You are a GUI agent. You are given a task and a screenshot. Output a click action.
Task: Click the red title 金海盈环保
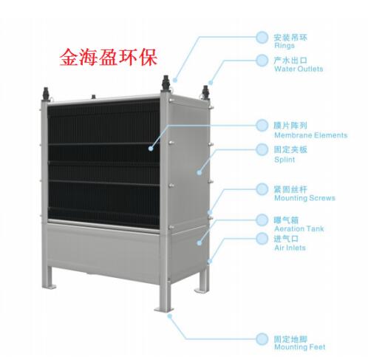pos(108,58)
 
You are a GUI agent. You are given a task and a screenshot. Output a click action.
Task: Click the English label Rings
pos(284,46)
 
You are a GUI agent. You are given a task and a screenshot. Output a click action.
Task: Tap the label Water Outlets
pos(299,69)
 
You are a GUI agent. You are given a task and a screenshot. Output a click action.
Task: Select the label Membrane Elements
pos(311,135)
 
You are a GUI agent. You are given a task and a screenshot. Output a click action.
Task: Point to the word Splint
pos(284,160)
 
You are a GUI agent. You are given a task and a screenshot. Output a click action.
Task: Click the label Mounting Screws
pos(304,198)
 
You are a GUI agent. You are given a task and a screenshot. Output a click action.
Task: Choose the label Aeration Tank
pos(299,229)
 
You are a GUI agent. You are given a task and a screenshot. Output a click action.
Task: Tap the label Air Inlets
pos(290,248)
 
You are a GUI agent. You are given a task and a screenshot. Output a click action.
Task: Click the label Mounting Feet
pos(300,347)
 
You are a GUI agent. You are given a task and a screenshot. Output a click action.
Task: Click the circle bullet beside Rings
pos(262,38)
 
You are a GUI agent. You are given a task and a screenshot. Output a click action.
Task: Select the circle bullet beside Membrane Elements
pos(262,126)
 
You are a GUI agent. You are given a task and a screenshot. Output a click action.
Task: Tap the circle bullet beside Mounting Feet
pos(262,339)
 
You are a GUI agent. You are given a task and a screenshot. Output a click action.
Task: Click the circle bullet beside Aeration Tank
pos(262,220)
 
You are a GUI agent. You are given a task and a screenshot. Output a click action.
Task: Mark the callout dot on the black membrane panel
pos(151,149)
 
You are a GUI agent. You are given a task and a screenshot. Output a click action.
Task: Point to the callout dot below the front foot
pos(169,316)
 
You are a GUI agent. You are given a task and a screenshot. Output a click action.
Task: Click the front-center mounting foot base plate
pos(164,310)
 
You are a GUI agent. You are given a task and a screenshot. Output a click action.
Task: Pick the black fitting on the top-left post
pos(46,94)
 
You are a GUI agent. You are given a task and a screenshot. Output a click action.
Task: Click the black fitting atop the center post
pos(166,83)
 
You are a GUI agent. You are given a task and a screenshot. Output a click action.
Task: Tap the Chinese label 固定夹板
pos(290,149)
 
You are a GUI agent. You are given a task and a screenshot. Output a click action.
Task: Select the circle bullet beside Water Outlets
pos(262,61)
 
